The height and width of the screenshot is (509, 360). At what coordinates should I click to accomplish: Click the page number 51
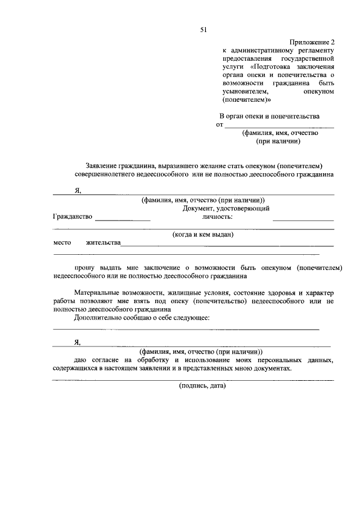(204, 30)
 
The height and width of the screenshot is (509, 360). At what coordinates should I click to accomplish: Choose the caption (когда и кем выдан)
(202, 234)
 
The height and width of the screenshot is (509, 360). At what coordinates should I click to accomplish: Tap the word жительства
(103, 243)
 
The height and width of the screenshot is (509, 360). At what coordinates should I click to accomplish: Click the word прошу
(84, 269)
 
